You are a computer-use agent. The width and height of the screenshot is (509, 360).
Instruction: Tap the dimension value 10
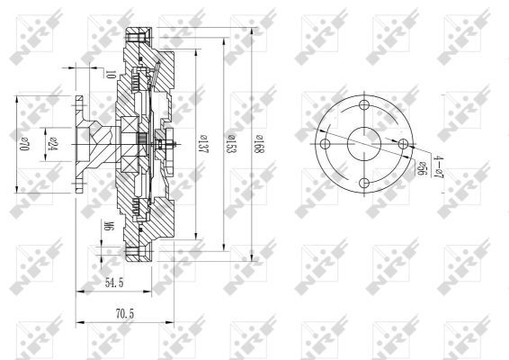(109, 75)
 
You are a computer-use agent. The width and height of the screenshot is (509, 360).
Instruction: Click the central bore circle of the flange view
(364, 144)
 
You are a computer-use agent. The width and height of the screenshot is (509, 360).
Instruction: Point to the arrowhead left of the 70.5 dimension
(80, 321)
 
